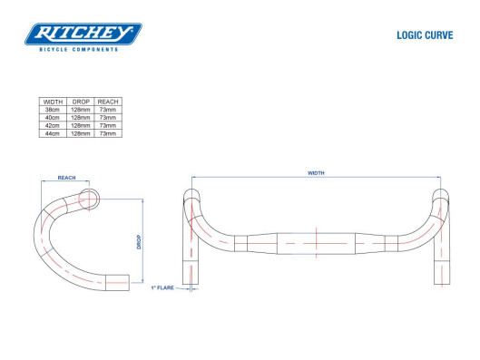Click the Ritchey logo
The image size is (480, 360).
pyautogui.click(x=83, y=34)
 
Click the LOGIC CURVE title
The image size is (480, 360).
pyautogui.click(x=425, y=35)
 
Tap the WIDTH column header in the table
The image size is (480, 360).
pyautogui.click(x=53, y=102)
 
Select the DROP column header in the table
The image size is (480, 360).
pyautogui.click(x=81, y=102)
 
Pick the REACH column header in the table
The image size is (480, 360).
pyautogui.click(x=108, y=102)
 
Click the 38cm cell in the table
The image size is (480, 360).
pyautogui.click(x=53, y=110)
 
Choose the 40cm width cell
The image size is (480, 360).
pyautogui.click(x=53, y=118)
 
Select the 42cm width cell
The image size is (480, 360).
pyautogui.click(x=53, y=125)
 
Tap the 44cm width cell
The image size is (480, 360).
pyautogui.click(x=53, y=133)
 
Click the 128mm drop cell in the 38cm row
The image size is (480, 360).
pyautogui.click(x=81, y=110)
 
